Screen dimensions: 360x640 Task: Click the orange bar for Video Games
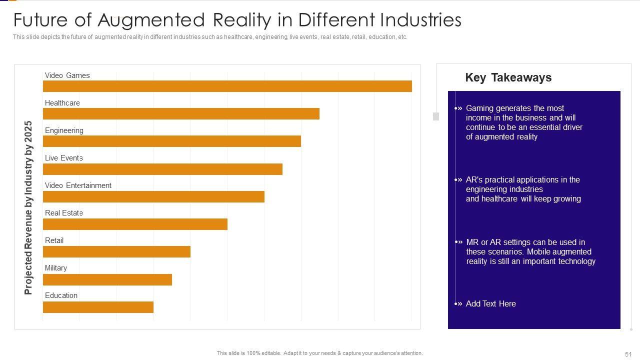[x=227, y=86]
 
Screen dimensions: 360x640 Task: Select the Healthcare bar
[x=181, y=113]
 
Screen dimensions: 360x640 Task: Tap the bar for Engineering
[x=172, y=141]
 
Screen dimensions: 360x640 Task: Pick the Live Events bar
[x=162, y=169]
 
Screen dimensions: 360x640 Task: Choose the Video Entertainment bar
[x=153, y=196]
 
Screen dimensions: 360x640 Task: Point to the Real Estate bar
[x=135, y=224]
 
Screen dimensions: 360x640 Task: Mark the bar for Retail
[x=116, y=251]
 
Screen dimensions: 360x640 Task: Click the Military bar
[x=107, y=279]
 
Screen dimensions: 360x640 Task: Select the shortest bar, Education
[x=98, y=306]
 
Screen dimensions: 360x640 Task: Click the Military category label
[x=56, y=268]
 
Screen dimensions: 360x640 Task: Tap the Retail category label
[x=54, y=240]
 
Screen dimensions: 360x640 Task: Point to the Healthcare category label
[x=62, y=103]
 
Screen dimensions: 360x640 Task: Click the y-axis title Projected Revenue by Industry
[x=28, y=207]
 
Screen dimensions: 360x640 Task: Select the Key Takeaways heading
[x=508, y=77]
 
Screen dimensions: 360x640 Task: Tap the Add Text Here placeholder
[x=490, y=303]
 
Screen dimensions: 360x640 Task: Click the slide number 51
[x=628, y=354]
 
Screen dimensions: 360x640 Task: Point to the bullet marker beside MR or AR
[x=458, y=242]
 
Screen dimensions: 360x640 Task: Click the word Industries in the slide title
[x=420, y=20]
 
